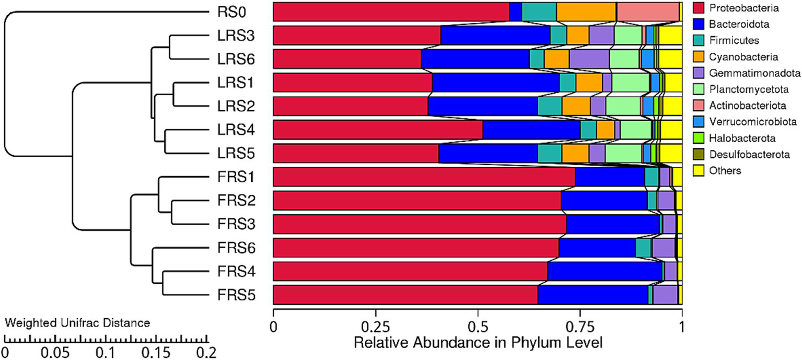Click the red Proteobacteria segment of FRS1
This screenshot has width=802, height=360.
[423, 177]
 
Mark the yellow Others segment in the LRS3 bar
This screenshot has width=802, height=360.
[670, 36]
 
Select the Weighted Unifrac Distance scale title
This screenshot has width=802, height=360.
[77, 323]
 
